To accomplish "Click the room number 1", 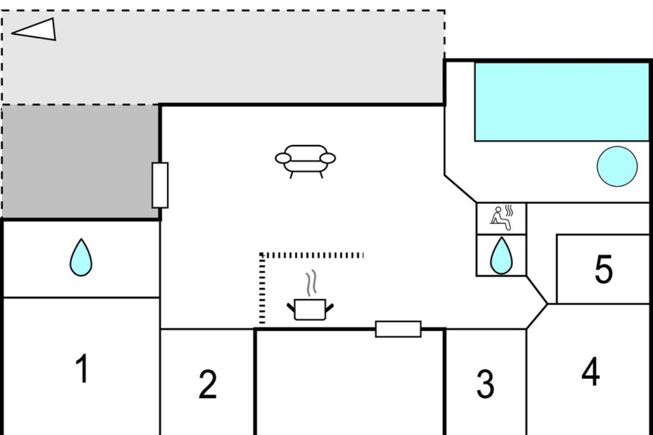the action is coord(83,368).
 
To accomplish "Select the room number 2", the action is coord(207,384).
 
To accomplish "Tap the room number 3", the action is coord(485,383).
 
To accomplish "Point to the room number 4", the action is coord(590,371).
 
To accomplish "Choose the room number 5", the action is coord(603,269).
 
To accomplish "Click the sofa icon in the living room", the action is coord(305,161).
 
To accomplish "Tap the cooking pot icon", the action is coord(310,309).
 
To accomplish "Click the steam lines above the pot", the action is coord(311,283).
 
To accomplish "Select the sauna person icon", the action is coord(501,218).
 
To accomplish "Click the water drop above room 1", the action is coord(81,258).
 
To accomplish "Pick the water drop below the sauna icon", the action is coord(501,256).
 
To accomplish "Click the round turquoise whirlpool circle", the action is coord(617,166).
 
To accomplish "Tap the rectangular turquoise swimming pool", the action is coord(562,102).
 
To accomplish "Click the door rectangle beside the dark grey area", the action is coord(160,185).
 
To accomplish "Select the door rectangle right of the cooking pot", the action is coord(398,329).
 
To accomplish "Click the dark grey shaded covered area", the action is coord(81,161).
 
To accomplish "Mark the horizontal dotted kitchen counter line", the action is coord(311,256).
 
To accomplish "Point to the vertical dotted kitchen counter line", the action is coord(262,288).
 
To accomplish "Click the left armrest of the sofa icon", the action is coord(283,158).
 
